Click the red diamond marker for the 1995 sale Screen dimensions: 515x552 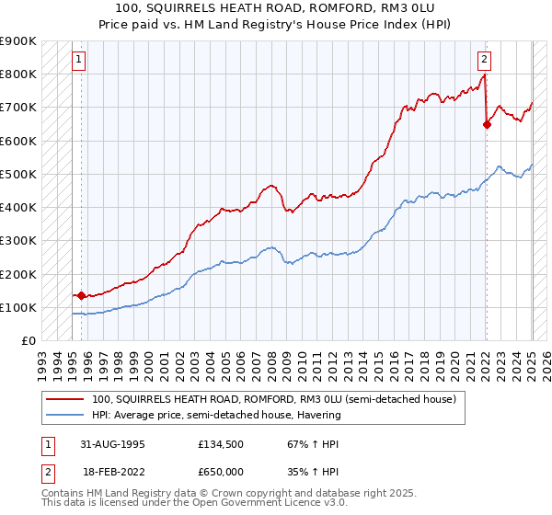(x=81, y=296)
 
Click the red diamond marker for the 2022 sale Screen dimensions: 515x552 (x=487, y=126)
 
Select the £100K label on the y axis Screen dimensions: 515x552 (x=17, y=307)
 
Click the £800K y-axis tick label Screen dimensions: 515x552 (x=17, y=74)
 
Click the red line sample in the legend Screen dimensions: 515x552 (x=64, y=399)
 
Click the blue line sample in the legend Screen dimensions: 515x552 (x=64, y=415)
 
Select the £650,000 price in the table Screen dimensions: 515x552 (x=221, y=471)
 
